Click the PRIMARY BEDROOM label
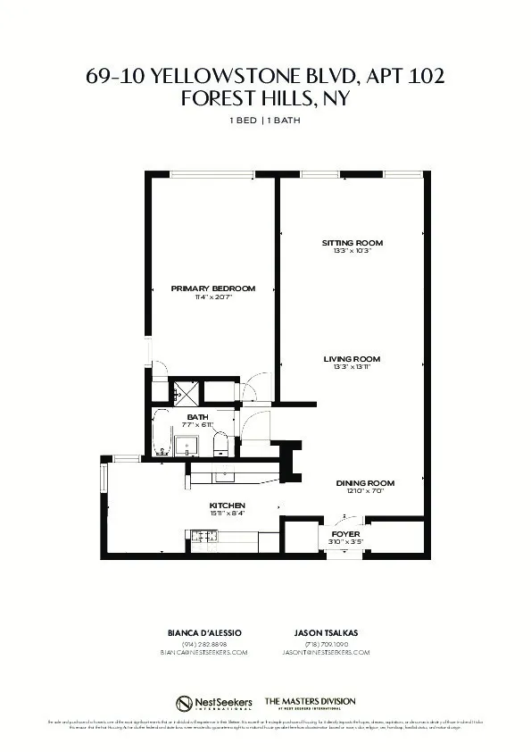213,288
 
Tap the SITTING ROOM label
352,243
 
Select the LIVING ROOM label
352,359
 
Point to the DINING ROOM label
370,483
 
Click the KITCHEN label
227,506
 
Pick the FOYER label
345,533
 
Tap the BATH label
197,417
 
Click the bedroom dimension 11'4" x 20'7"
213,297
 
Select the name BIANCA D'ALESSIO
204,632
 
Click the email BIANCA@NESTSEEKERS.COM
204,653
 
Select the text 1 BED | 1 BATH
265,120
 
